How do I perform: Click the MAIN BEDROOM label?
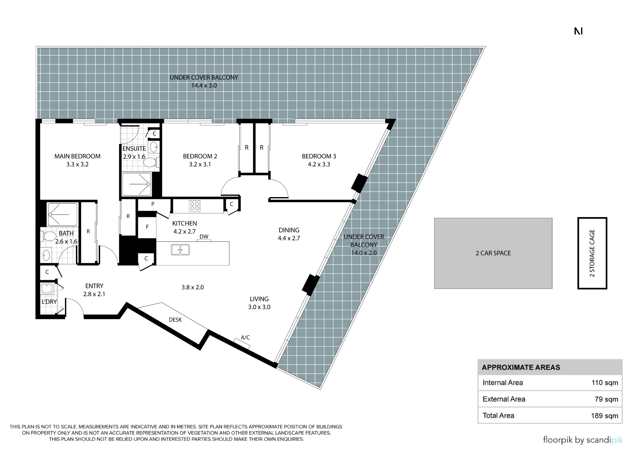pyautogui.click(x=77, y=156)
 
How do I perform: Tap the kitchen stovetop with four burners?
pyautogui.click(x=195, y=206)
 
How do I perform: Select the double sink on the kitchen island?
pyautogui.click(x=181, y=249)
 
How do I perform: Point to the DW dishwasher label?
pyautogui.click(x=204, y=237)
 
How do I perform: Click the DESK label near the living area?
pyautogui.click(x=175, y=320)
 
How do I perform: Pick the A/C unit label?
pyautogui.click(x=245, y=337)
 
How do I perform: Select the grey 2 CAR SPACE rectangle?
pyautogui.click(x=493, y=253)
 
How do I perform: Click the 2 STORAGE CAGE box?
pyautogui.click(x=592, y=253)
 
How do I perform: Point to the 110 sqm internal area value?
pyautogui.click(x=604, y=383)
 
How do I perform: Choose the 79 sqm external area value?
pyautogui.click(x=606, y=399)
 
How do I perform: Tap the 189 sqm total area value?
pyautogui.click(x=604, y=416)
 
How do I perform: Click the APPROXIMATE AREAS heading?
pyautogui.click(x=521, y=367)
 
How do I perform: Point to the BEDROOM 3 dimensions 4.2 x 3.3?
pyautogui.click(x=319, y=165)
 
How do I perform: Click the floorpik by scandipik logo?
pyautogui.click(x=583, y=440)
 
